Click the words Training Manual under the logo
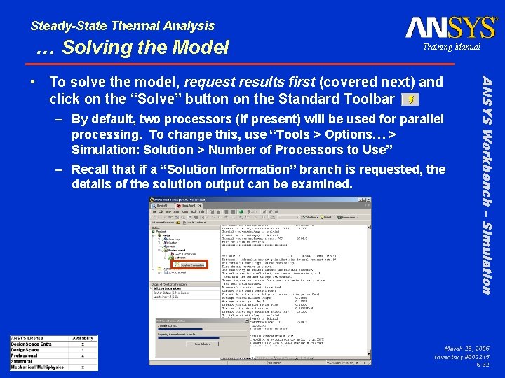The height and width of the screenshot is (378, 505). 451,47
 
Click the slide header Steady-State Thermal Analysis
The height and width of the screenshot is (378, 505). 123,26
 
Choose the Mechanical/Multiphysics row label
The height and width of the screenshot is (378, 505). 38,367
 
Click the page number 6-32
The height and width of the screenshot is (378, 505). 483,365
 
